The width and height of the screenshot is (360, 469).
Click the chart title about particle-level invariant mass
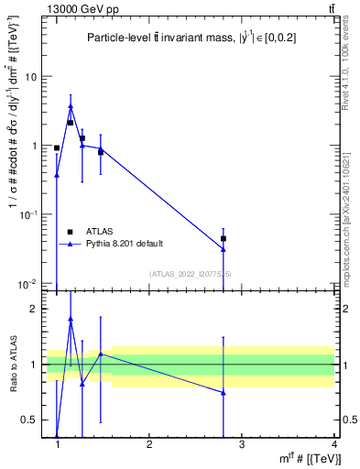click(191, 38)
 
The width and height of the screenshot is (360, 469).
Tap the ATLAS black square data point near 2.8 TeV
click(224, 238)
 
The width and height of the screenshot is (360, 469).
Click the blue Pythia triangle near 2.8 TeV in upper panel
click(224, 249)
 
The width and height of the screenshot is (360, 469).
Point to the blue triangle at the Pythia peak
click(71, 106)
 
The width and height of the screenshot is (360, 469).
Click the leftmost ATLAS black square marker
click(57, 147)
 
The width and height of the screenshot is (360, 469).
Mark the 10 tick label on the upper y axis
click(31, 77)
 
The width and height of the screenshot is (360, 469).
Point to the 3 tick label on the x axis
click(241, 444)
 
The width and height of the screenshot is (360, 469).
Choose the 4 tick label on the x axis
click(333, 444)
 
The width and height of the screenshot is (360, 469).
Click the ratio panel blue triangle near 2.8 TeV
click(224, 392)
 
